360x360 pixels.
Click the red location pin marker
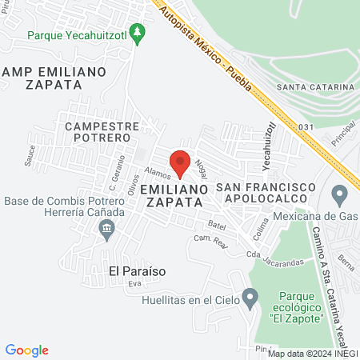click(x=181, y=162)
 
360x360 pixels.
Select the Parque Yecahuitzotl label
click(x=78, y=34)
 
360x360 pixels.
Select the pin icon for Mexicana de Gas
click(x=340, y=194)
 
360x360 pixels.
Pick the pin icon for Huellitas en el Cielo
click(x=251, y=299)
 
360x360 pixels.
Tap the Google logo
click(x=26, y=350)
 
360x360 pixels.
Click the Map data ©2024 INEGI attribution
click(x=312, y=353)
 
